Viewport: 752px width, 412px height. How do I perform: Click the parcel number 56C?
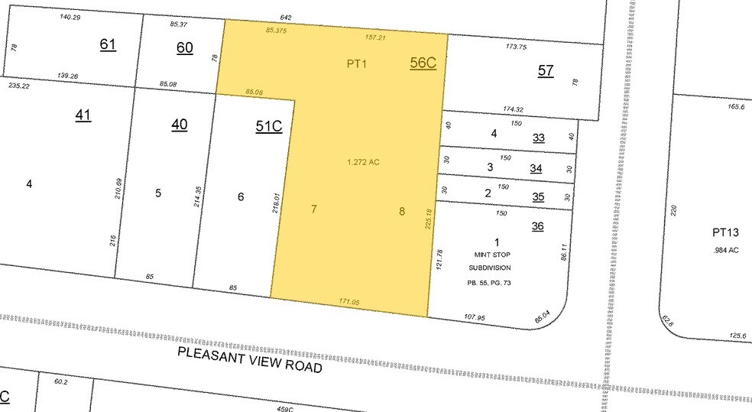pyautogui.click(x=423, y=64)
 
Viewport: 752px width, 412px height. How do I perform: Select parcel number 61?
pyautogui.click(x=108, y=44)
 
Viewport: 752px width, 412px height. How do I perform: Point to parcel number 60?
pyautogui.click(x=185, y=48)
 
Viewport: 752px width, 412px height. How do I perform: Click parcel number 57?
pyautogui.click(x=545, y=70)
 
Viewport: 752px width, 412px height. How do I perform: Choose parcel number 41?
pyautogui.click(x=83, y=115)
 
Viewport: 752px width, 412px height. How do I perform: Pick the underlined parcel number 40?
pyautogui.click(x=179, y=125)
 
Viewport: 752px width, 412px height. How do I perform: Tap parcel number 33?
pyautogui.click(x=539, y=138)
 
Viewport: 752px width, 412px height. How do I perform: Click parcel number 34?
pyautogui.click(x=539, y=168)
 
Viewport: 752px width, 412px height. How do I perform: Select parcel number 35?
pyautogui.click(x=539, y=196)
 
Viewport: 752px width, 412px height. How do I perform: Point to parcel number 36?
pyautogui.click(x=538, y=226)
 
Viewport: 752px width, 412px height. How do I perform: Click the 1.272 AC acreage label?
pyautogui.click(x=362, y=161)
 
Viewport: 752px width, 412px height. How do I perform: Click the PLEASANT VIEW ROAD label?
pyautogui.click(x=249, y=358)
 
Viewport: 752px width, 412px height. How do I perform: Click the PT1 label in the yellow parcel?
pyautogui.click(x=356, y=64)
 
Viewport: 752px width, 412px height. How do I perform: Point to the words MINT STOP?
pyautogui.click(x=489, y=255)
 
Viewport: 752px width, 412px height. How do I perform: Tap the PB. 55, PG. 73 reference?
pyautogui.click(x=489, y=283)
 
